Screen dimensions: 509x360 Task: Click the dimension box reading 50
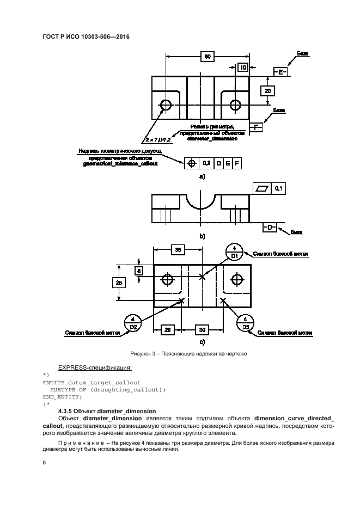click(206, 56)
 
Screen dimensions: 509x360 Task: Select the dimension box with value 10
click(243, 68)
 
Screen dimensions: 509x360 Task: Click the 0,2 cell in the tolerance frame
click(206, 162)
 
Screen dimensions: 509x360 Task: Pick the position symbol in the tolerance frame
click(191, 162)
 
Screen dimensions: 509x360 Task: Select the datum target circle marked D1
click(234, 252)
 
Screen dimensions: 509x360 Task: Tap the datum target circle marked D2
click(133, 322)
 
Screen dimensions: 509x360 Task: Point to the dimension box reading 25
click(118, 282)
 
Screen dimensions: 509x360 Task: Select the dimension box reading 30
click(201, 330)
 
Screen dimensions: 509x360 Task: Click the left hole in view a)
click(166, 104)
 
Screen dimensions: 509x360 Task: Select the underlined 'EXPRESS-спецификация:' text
click(89, 367)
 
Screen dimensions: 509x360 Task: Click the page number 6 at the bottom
click(44, 462)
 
